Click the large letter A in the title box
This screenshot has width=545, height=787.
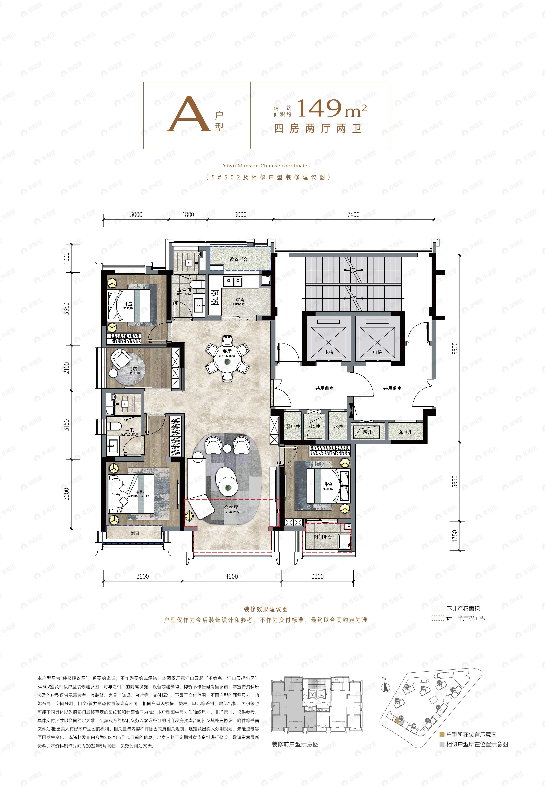click(x=189, y=114)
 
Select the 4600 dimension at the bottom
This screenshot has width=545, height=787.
click(x=231, y=576)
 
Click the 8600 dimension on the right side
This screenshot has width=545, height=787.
click(x=454, y=348)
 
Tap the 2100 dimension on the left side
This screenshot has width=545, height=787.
click(x=67, y=368)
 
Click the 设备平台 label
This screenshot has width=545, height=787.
click(x=238, y=259)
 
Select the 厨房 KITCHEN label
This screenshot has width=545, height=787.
click(x=239, y=302)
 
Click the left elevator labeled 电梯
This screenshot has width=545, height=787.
click(x=328, y=338)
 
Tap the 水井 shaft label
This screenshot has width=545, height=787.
click(x=338, y=427)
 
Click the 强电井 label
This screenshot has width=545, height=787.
click(x=405, y=432)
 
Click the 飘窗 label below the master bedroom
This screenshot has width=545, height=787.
click(x=135, y=533)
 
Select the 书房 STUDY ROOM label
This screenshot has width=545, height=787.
click(x=132, y=370)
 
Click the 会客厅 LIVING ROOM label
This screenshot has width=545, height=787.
click(x=231, y=509)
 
